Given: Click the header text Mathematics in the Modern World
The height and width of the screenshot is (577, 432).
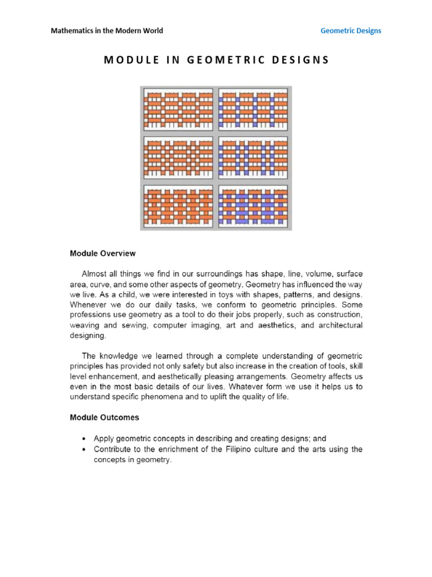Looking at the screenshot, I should pos(107,30).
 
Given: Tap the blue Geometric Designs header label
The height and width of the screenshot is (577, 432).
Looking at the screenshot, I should pos(350,30).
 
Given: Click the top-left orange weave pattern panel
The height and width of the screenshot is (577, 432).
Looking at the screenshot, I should pos(178,110).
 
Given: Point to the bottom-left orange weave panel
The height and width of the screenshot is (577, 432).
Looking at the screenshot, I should pos(178,206).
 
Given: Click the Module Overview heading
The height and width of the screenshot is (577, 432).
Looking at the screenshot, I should pos(102,254).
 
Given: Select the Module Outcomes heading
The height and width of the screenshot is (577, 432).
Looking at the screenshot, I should pos(105,418).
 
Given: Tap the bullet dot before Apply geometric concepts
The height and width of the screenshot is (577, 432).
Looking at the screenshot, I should pos(84,438).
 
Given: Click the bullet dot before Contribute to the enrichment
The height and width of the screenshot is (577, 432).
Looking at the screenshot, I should pos(84,449).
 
